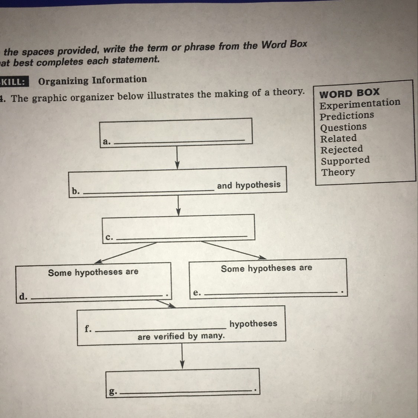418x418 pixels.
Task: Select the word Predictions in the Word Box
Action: coord(347,116)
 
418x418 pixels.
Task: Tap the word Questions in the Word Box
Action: coord(343,127)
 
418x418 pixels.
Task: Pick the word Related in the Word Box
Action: coord(338,139)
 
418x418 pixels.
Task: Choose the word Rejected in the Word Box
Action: coord(341,150)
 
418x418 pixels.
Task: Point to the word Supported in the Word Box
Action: coord(345,161)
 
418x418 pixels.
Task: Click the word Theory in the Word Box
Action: coord(338,172)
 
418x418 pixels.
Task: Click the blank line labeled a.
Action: coord(179,141)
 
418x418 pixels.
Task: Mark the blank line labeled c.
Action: coord(181,237)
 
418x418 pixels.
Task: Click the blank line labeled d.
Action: coord(97,297)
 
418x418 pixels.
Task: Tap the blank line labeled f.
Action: coord(161,329)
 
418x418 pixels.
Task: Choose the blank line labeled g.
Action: coord(186,391)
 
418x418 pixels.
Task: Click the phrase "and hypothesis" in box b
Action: coord(249,185)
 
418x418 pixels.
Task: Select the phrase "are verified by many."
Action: coord(181,337)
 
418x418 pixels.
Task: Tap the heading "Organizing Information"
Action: coord(93,80)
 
